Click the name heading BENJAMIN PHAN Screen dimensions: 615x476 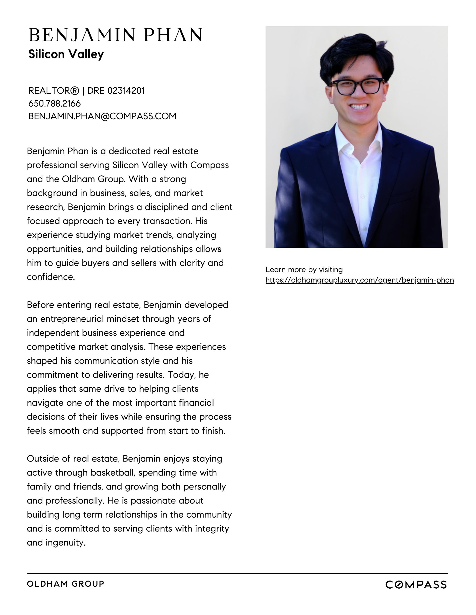click(x=115, y=35)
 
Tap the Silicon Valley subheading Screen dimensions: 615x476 click(x=66, y=54)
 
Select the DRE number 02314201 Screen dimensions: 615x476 click(x=126, y=91)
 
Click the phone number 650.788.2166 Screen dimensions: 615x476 click(x=55, y=104)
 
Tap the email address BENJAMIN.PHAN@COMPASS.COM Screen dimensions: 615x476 click(x=102, y=116)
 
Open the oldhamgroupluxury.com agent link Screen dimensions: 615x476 click(x=360, y=280)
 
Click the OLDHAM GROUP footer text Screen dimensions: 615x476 click(x=65, y=584)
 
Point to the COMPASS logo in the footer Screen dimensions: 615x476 click(x=416, y=585)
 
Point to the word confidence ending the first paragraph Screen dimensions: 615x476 click(x=51, y=277)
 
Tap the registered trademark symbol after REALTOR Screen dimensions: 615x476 click(x=74, y=91)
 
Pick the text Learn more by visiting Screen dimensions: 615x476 click(x=304, y=270)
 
